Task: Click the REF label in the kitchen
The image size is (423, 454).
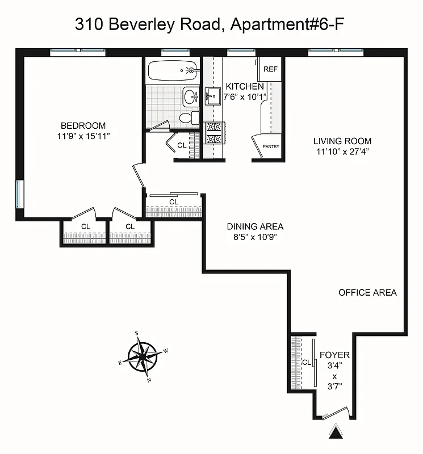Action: (x=271, y=69)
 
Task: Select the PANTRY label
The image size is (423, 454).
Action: (x=271, y=146)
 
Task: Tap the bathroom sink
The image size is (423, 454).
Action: (x=190, y=96)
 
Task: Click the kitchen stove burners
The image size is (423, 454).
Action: (x=215, y=133)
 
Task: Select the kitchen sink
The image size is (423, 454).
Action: (x=213, y=96)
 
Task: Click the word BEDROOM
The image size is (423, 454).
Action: (x=83, y=125)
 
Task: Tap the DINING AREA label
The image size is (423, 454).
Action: (x=255, y=226)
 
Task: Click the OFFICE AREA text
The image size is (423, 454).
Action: (x=367, y=293)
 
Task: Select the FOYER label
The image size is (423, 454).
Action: (x=334, y=355)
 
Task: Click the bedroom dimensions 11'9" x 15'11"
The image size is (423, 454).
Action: (x=83, y=136)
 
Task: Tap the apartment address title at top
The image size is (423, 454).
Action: (x=210, y=24)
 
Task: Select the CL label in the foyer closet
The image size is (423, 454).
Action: (x=305, y=362)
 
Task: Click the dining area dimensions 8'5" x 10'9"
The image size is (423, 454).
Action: (x=255, y=237)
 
